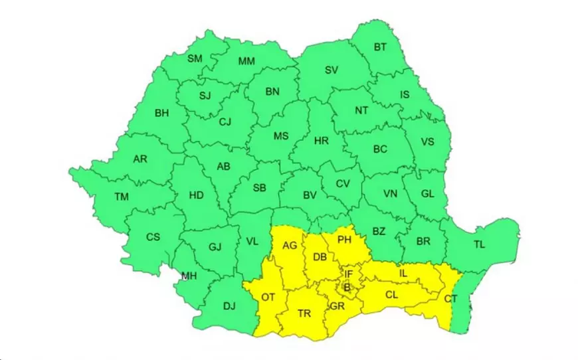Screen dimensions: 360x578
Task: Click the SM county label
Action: [x=195, y=59]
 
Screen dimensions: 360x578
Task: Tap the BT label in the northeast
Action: [x=380, y=47]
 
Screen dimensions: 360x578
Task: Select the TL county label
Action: [x=479, y=245]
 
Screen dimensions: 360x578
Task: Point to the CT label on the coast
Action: [x=450, y=299]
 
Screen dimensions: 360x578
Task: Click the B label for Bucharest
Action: [x=345, y=288]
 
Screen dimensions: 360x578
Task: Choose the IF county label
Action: [x=348, y=274]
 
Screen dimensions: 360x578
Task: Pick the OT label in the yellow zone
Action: [x=268, y=297]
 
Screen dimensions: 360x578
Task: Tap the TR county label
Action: [x=304, y=313]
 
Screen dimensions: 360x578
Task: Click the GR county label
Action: [x=337, y=306]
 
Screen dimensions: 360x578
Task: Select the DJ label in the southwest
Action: [x=229, y=307]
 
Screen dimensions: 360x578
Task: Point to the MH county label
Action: [x=189, y=276]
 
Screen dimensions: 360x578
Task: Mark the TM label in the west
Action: [x=121, y=197]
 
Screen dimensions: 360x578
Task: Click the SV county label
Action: [x=332, y=70]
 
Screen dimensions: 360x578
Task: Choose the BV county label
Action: [x=310, y=195]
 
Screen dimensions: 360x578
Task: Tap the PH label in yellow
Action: [x=344, y=239]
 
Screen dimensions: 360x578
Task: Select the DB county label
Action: [x=320, y=257]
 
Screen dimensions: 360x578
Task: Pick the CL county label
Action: [x=391, y=293]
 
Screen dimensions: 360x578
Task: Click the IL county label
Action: [x=403, y=273]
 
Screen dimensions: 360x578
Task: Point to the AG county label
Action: [x=290, y=245]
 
